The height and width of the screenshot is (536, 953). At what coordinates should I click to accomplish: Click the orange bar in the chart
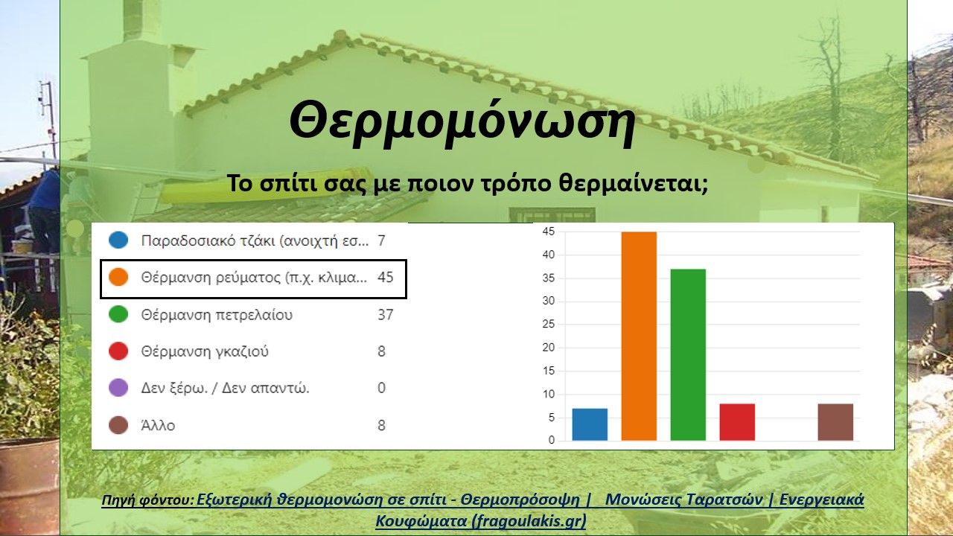click(639, 336)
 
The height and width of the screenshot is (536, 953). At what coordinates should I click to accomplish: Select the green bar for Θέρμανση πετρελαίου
click(688, 355)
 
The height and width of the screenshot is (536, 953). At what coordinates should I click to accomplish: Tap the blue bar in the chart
click(590, 424)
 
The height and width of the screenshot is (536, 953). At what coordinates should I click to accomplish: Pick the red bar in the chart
click(737, 422)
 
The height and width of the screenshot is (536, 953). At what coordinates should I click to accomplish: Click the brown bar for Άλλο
click(835, 422)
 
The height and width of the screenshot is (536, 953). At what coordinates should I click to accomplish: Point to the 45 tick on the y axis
click(549, 232)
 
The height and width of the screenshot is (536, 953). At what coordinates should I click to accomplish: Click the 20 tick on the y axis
click(549, 348)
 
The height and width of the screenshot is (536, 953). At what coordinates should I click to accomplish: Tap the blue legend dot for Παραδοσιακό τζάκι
click(118, 240)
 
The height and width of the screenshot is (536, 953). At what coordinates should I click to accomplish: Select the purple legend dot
click(118, 388)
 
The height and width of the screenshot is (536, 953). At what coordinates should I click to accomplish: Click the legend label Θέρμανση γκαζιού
click(205, 351)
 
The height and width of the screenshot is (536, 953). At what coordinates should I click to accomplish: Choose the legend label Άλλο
click(158, 425)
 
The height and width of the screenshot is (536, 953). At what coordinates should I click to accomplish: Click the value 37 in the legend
click(386, 315)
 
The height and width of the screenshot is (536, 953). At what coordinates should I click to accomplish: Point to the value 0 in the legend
click(382, 388)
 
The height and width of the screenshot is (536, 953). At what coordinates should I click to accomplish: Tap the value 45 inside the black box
click(386, 278)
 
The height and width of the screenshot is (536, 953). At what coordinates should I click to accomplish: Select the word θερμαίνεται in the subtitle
click(633, 184)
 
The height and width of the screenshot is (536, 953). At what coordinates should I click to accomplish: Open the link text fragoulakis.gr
click(528, 520)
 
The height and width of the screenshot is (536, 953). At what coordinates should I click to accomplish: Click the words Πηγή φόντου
click(148, 500)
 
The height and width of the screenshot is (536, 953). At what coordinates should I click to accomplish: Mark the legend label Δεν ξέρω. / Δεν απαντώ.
click(225, 389)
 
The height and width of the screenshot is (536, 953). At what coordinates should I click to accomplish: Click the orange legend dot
click(118, 277)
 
